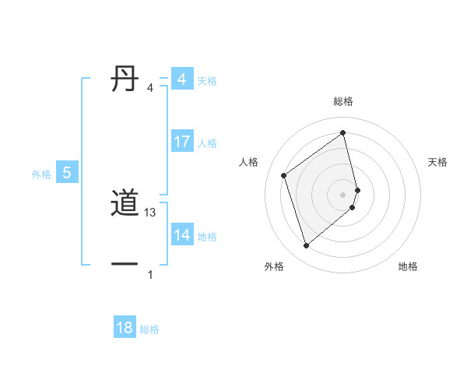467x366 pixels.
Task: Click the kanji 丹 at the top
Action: [125, 79]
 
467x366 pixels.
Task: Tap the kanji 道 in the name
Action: [125, 204]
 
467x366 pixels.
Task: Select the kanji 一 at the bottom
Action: [125, 265]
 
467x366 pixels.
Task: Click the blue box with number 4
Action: [181, 79]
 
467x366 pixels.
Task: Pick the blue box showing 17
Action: [181, 142]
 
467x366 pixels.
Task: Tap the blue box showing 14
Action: [181, 235]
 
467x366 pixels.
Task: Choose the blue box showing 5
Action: [67, 173]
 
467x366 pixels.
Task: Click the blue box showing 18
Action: [125, 328]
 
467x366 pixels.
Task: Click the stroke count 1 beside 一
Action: [150, 275]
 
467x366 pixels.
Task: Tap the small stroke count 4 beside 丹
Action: [150, 88]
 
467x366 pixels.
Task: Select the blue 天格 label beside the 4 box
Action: [207, 81]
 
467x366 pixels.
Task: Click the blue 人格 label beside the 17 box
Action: [207, 143]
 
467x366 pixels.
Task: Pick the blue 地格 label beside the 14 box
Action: [207, 237]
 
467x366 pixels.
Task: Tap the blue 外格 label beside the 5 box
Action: [41, 174]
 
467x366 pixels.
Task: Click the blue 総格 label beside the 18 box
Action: [149, 329]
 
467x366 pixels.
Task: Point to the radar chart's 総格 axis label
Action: [343, 101]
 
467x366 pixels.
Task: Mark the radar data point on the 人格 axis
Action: [284, 175]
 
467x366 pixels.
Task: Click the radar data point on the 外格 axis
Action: [306, 246]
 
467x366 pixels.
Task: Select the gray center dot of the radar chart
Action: [343, 195]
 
